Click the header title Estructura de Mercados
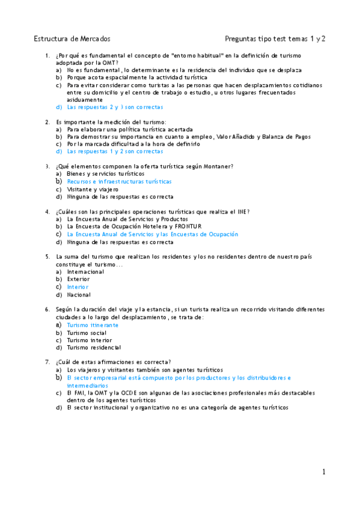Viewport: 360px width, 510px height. [72, 39]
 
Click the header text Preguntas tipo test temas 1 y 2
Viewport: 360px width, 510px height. [275, 39]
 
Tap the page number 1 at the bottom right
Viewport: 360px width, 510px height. [323, 472]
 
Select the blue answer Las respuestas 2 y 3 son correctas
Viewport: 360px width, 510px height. [115, 107]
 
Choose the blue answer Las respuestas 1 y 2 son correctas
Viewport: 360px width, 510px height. [115, 152]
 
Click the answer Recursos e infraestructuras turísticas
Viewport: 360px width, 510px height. [119, 181]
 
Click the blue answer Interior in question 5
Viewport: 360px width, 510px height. [78, 287]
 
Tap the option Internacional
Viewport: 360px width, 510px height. [85, 272]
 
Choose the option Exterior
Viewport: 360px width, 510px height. [78, 279]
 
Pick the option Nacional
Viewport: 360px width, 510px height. [78, 295]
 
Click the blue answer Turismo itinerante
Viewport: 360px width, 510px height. [93, 325]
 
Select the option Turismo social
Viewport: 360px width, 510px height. [87, 333]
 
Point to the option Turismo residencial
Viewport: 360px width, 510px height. [94, 348]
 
